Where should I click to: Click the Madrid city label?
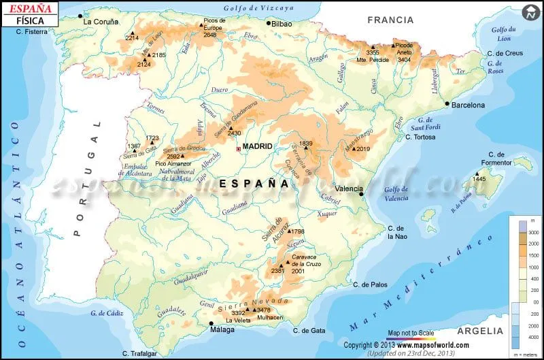pyautogui.click(x=258, y=146)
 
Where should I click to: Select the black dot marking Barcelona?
pyautogui.click(x=447, y=104)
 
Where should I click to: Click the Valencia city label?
pyautogui.click(x=350, y=189)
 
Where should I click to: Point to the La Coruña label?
pyautogui.click(x=101, y=21)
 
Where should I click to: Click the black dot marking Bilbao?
pyautogui.click(x=269, y=23)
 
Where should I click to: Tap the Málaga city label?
pyautogui.click(x=222, y=330)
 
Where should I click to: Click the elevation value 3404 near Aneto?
pyautogui.click(x=404, y=60)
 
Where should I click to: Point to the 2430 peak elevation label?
pyautogui.click(x=234, y=133)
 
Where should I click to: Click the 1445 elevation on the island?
pyautogui.click(x=479, y=179)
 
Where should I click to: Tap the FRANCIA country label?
pyautogui.click(x=390, y=20)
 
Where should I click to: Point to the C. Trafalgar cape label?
pyautogui.click(x=140, y=353)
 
